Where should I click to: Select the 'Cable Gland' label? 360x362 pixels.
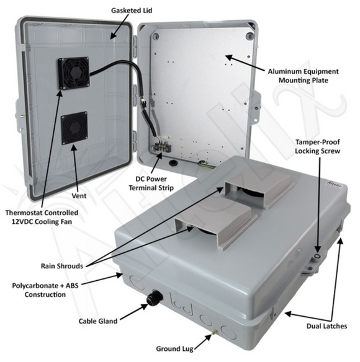pos(97,322)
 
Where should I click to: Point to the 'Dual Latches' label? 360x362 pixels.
pos(326,327)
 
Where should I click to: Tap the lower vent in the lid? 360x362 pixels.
pos(74,127)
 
